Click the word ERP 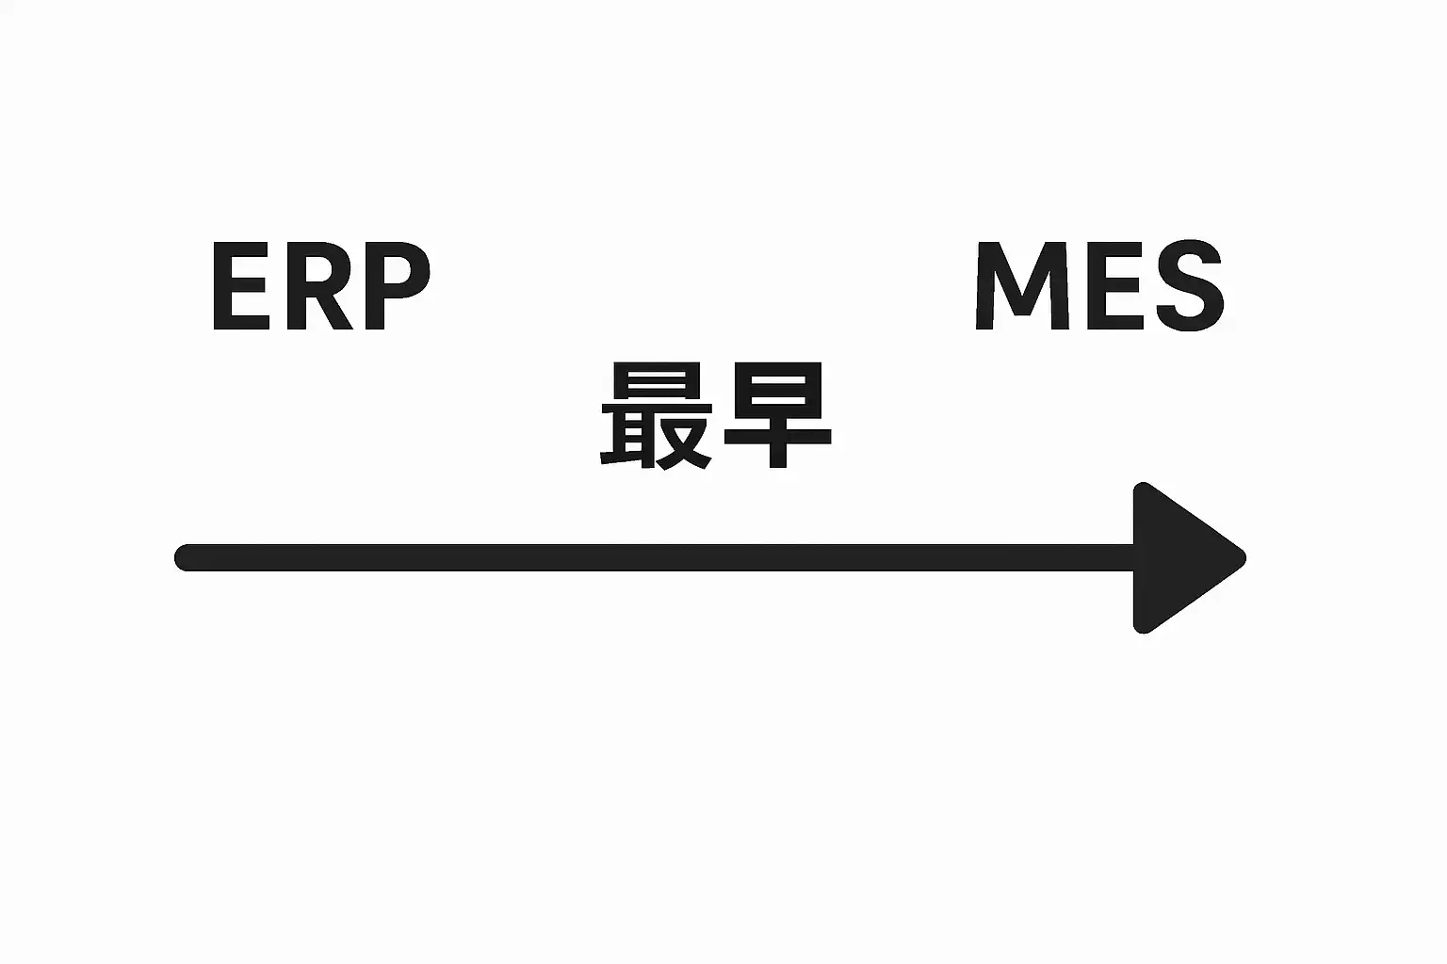pyautogui.click(x=320, y=286)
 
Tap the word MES pyautogui.click(x=1098, y=286)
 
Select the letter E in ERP pyautogui.click(x=239, y=286)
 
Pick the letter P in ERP pyautogui.click(x=397, y=286)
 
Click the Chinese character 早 pyautogui.click(x=776, y=417)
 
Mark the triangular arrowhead pyautogui.click(x=1178, y=557)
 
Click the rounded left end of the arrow pyautogui.click(x=187, y=557)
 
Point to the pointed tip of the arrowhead pyautogui.click(x=1241, y=557)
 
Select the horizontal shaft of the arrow pyautogui.click(x=659, y=557)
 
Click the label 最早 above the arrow pyautogui.click(x=716, y=417)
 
